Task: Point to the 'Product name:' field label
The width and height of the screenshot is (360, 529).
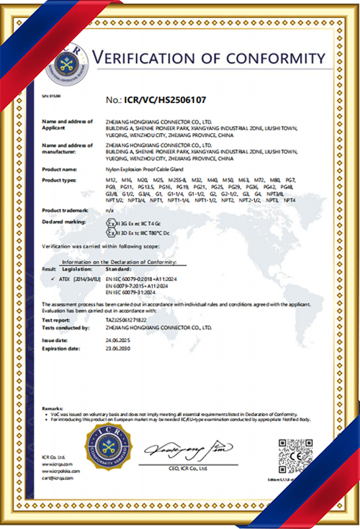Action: point(60,167)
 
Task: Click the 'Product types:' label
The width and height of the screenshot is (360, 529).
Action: point(60,178)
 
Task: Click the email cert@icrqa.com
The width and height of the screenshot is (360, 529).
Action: point(57,479)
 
